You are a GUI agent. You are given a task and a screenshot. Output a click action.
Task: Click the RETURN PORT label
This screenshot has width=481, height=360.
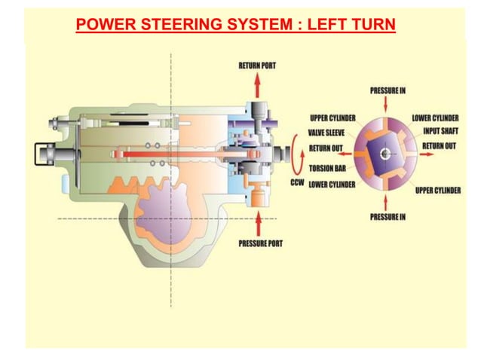[257, 66]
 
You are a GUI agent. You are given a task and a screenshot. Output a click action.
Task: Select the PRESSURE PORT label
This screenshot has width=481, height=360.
[260, 243]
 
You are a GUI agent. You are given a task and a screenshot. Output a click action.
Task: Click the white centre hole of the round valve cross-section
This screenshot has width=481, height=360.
[387, 154]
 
